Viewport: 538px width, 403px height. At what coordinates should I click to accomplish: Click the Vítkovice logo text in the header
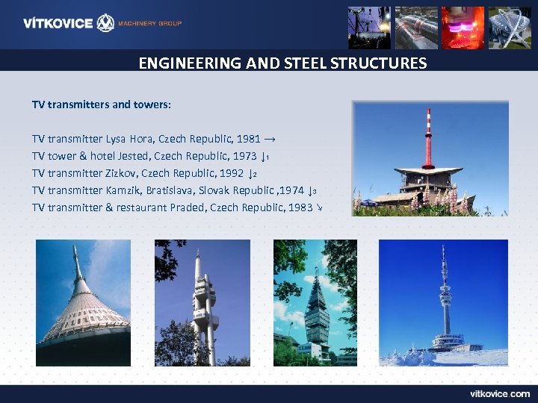[x=58, y=23]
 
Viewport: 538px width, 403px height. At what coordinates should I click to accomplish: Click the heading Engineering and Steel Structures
[x=282, y=63]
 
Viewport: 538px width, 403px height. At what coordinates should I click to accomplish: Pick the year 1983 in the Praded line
[x=300, y=207]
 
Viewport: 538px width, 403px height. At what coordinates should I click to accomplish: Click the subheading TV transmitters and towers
[x=102, y=104]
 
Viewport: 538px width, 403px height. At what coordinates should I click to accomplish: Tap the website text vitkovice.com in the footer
[x=500, y=393]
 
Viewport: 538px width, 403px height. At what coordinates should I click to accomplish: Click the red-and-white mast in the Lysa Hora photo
[x=428, y=138]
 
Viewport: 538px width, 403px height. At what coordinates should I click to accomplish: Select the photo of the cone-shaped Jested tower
[x=83, y=302]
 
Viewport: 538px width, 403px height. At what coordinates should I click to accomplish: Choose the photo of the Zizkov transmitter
[x=202, y=302]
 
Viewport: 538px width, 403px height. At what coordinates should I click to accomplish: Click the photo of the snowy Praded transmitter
[x=443, y=302]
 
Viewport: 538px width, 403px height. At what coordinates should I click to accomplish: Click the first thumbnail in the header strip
[x=369, y=28]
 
